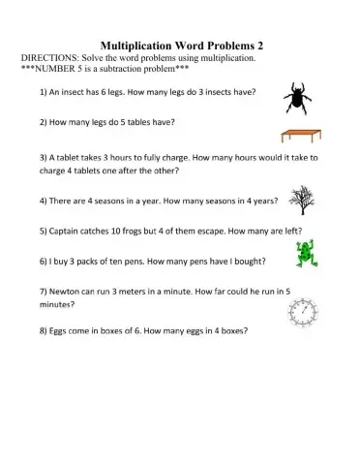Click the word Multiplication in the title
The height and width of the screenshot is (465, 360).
145,45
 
